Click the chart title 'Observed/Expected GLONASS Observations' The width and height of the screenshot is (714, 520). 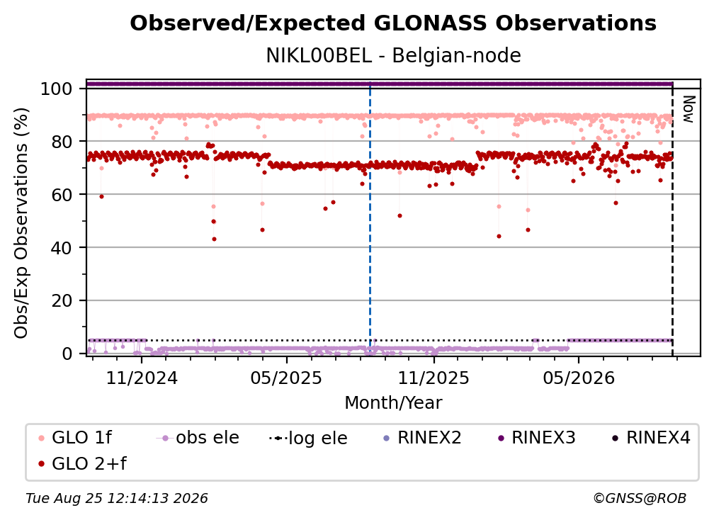click(x=393, y=23)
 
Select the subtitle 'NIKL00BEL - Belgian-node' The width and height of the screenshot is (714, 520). click(x=393, y=55)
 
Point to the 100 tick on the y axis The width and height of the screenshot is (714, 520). click(x=57, y=89)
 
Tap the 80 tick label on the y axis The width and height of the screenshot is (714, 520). click(x=62, y=142)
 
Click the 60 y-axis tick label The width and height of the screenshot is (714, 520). click(x=62, y=194)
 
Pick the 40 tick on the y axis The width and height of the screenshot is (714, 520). click(x=62, y=248)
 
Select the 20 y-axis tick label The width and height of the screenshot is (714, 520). click(x=62, y=300)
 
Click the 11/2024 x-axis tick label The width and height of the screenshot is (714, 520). click(x=142, y=378)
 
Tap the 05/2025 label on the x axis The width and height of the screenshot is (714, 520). click(x=286, y=378)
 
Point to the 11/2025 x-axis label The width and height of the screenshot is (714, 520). click(x=434, y=378)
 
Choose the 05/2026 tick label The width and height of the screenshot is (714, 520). click(x=579, y=378)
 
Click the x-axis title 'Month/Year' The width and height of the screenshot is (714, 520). click(x=393, y=403)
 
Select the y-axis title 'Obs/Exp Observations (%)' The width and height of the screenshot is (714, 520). click(x=21, y=223)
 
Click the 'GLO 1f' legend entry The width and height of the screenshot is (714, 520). click(x=75, y=438)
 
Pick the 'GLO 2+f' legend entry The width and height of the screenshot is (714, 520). click(x=82, y=463)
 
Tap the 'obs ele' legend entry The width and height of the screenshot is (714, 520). click(x=198, y=438)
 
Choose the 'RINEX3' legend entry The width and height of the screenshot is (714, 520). click(x=536, y=438)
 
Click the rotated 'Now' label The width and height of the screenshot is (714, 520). click(x=688, y=109)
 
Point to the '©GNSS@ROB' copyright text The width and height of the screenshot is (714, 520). click(x=640, y=498)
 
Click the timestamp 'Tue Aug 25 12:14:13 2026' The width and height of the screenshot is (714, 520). click(x=117, y=498)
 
